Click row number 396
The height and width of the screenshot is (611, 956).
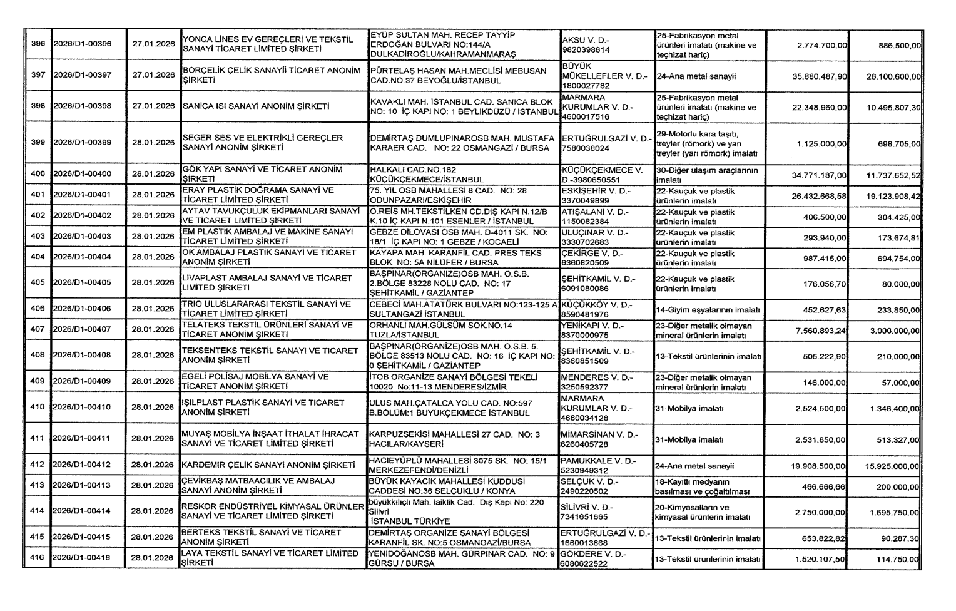click(38, 44)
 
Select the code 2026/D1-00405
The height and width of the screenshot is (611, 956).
click(82, 283)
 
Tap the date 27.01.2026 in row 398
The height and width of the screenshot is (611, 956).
click(153, 106)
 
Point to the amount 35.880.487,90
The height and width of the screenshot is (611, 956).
click(819, 76)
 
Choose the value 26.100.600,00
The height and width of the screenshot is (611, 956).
click(893, 76)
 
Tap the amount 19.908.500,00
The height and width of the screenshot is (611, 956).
click(819, 466)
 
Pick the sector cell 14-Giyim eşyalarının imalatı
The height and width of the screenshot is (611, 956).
click(708, 309)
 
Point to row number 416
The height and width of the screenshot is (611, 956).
click(38, 558)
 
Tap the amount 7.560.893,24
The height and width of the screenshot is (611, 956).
click(820, 330)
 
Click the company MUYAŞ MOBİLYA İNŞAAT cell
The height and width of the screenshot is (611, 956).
click(270, 439)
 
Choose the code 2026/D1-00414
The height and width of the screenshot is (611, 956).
click(82, 511)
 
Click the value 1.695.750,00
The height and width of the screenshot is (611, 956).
click(893, 512)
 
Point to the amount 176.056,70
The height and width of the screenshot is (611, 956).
click(825, 284)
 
